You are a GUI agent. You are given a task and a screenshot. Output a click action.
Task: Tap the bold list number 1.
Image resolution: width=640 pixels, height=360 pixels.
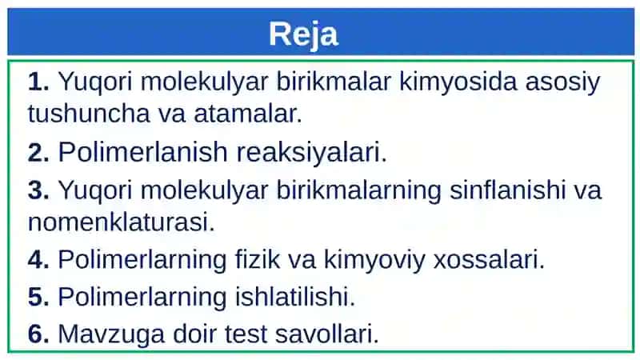(38, 82)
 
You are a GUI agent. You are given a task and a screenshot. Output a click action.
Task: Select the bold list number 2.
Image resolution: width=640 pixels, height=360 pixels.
(38, 153)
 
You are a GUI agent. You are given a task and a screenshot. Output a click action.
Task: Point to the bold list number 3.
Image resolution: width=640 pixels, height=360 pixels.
(38, 190)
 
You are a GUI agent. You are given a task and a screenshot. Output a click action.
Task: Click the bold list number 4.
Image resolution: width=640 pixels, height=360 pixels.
(38, 259)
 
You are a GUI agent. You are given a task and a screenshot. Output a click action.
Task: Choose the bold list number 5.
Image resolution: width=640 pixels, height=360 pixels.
(38, 297)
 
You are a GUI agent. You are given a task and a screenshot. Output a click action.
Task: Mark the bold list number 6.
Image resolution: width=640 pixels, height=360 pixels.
(38, 334)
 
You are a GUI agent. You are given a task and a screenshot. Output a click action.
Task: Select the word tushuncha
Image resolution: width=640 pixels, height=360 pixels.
(89, 114)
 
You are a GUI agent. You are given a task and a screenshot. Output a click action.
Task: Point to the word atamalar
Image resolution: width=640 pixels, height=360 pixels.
(248, 114)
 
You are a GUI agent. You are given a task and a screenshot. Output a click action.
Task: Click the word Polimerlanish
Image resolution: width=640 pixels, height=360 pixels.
(143, 152)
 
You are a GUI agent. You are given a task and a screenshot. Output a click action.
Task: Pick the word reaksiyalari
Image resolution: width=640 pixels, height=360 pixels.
(311, 153)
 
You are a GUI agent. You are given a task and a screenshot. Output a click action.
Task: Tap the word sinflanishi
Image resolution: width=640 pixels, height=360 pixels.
(507, 190)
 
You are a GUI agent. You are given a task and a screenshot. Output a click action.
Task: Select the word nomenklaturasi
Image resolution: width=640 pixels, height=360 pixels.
(122, 223)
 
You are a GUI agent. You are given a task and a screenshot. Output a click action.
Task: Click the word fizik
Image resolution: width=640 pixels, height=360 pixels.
(258, 259)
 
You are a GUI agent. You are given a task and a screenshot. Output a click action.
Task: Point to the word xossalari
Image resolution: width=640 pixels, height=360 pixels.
(489, 259)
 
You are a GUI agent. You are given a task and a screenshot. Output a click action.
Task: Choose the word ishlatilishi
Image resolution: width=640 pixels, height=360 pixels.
(295, 296)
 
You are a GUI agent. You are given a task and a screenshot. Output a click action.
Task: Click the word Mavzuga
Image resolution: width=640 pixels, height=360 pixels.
(111, 334)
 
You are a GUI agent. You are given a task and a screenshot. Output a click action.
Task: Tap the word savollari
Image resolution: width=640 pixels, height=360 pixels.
(327, 334)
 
